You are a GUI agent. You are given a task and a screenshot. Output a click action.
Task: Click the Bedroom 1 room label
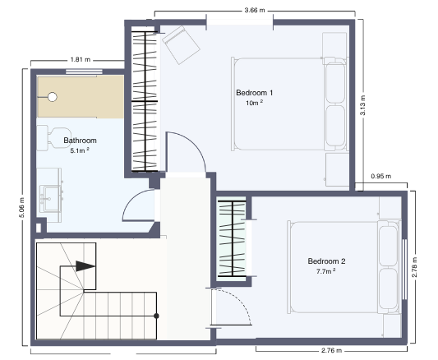[x=254, y=93]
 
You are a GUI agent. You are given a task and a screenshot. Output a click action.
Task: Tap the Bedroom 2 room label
[x=326, y=261]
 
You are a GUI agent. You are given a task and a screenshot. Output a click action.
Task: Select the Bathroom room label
[x=81, y=141]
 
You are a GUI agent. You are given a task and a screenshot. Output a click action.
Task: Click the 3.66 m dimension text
[x=255, y=11]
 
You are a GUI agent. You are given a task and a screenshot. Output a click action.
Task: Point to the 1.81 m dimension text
[x=81, y=59]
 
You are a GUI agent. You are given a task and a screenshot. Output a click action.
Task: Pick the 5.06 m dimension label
[x=22, y=207]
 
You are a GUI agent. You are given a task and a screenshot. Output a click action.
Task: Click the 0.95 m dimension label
[x=381, y=176]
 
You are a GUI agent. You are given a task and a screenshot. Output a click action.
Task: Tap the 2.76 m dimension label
[x=331, y=350]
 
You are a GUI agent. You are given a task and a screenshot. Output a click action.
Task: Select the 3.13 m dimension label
[x=362, y=105]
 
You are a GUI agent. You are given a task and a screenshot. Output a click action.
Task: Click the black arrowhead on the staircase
[x=85, y=266]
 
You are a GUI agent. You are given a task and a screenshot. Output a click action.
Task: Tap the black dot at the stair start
[x=156, y=316]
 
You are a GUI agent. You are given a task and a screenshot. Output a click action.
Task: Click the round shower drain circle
[x=53, y=97]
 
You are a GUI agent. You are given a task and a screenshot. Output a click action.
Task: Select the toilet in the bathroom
[x=53, y=138]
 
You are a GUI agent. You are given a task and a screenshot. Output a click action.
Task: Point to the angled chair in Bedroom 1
[x=181, y=44]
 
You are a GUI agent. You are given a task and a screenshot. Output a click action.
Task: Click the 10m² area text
[x=254, y=103]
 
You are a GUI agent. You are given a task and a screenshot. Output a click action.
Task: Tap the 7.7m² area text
[x=325, y=271]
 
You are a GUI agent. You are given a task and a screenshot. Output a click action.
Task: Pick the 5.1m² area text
[x=80, y=150]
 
